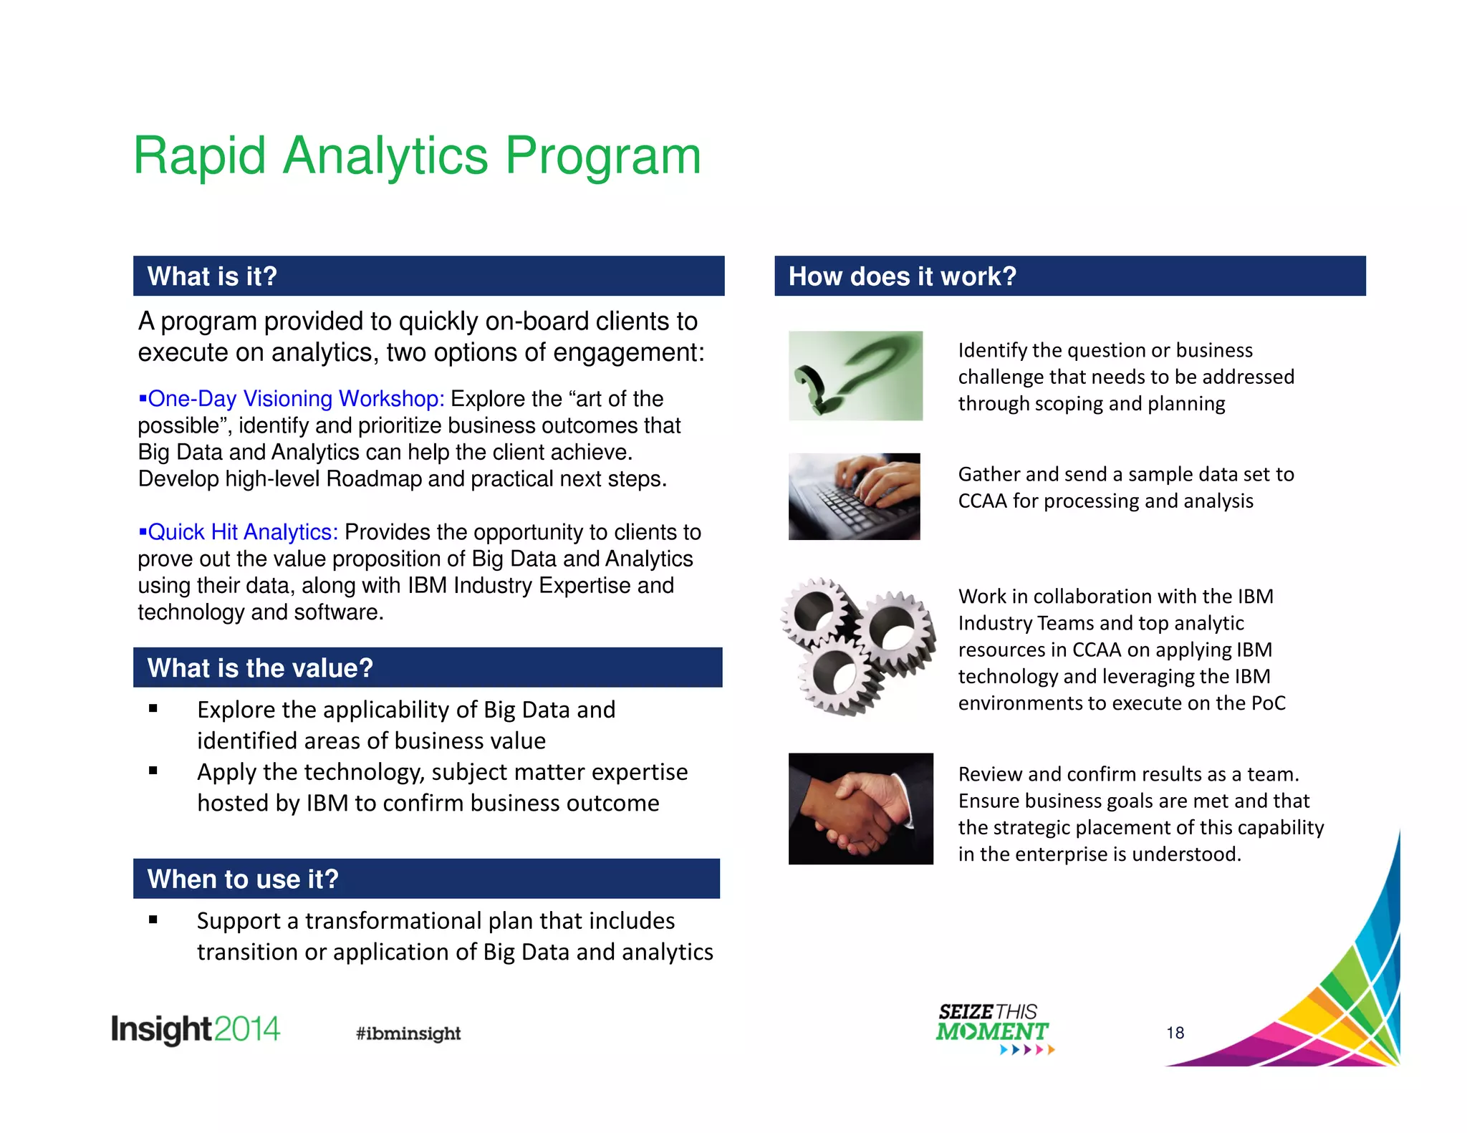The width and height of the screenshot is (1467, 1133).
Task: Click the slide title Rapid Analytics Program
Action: click(417, 156)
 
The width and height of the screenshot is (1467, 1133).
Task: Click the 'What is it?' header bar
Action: click(428, 276)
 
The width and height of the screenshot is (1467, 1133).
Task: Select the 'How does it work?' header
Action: click(1069, 276)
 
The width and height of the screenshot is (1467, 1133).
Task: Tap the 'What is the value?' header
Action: click(427, 667)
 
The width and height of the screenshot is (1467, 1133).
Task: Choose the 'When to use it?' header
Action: click(426, 879)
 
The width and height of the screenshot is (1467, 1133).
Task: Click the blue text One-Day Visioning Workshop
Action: click(295, 398)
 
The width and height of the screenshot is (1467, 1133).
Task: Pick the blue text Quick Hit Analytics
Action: click(242, 532)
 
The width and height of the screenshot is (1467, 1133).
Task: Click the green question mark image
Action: click(855, 375)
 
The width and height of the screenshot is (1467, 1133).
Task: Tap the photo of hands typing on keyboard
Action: click(854, 496)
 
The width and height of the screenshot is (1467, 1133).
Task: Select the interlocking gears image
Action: click(857, 646)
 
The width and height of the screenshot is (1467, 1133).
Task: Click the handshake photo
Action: click(860, 809)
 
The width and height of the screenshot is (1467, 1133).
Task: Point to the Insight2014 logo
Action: click(195, 1029)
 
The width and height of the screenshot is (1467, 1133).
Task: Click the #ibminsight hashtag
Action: click(408, 1033)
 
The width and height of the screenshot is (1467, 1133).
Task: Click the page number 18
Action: click(1175, 1033)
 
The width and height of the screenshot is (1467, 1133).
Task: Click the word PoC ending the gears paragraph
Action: click(1268, 703)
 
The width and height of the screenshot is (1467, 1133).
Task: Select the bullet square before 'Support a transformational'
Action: click(153, 920)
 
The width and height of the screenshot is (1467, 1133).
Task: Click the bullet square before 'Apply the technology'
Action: click(153, 771)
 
